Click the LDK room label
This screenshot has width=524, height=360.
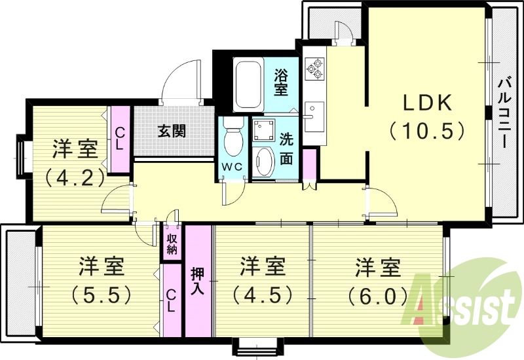pos(427,103)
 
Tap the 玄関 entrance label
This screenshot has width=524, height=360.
pos(172,131)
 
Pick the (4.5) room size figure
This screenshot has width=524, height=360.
pos(261,295)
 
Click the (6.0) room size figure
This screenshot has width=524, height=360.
pos(378,295)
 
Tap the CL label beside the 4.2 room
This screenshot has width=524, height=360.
pos(119,139)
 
